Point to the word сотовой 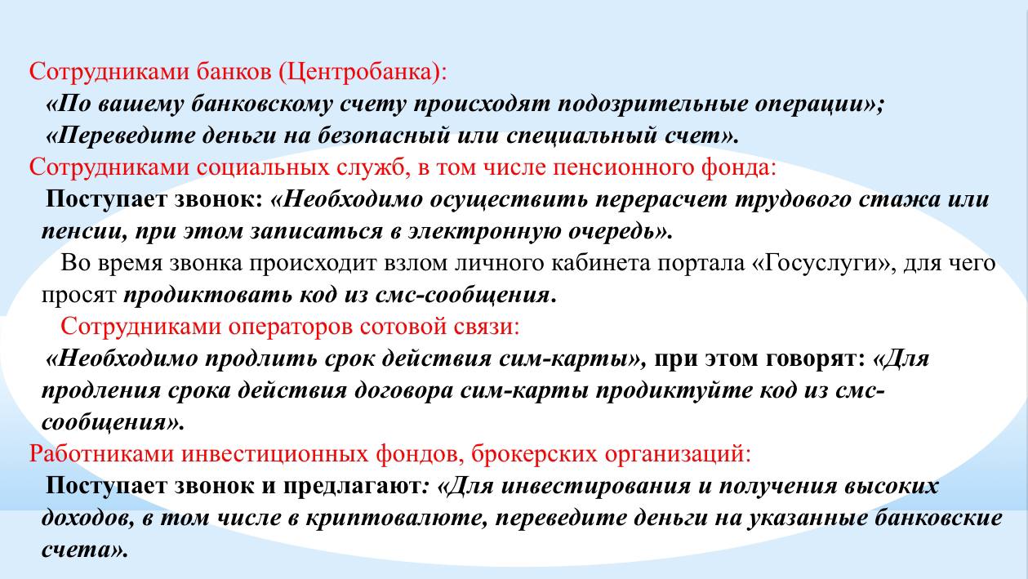coord(403,327)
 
